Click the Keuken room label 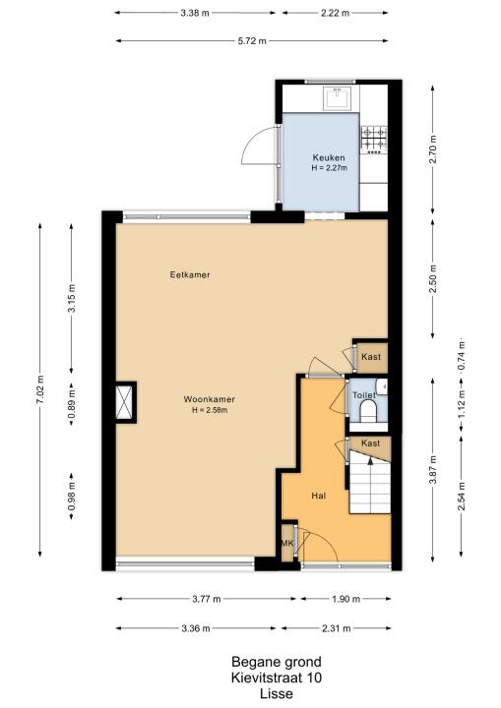(329, 157)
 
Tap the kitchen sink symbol (338, 97)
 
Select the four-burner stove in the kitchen (374, 139)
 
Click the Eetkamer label (190, 274)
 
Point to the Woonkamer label (210, 399)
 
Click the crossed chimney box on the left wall (125, 402)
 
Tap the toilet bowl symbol (368, 411)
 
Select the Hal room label (319, 496)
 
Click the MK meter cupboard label (287, 543)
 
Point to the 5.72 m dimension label (252, 41)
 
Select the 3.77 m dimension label (207, 599)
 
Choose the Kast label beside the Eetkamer (371, 357)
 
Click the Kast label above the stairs (370, 443)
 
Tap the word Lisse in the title (277, 693)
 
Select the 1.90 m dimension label (345, 599)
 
